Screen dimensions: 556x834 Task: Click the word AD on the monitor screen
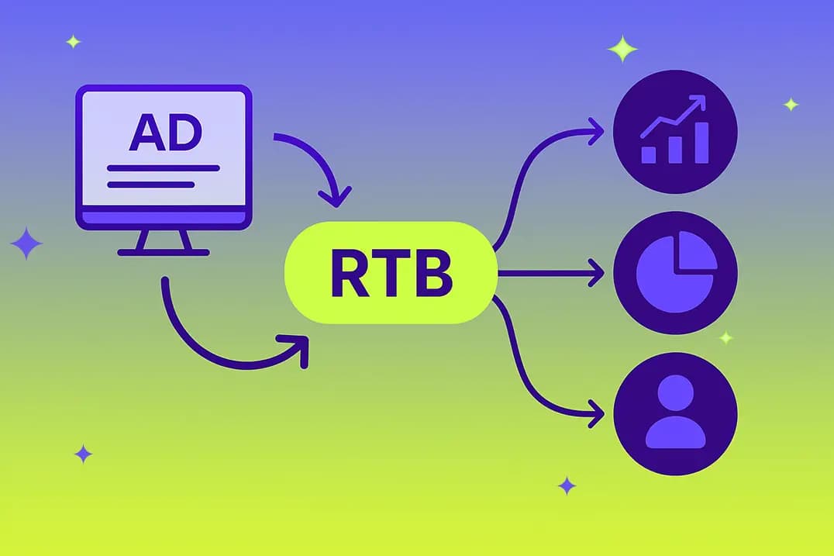coord(164,133)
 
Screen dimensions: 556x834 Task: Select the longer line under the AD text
coord(163,167)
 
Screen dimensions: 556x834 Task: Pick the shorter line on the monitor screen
coord(150,185)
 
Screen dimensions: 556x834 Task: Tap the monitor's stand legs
coord(164,240)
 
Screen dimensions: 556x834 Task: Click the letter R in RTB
coord(349,274)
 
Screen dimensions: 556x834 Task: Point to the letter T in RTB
coord(392,274)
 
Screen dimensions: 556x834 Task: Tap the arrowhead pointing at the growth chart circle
coord(596,131)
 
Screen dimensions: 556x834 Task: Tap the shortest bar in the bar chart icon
coord(649,154)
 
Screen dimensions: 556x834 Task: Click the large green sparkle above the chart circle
coord(622,49)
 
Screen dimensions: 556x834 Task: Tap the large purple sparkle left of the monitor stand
coord(26,243)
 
